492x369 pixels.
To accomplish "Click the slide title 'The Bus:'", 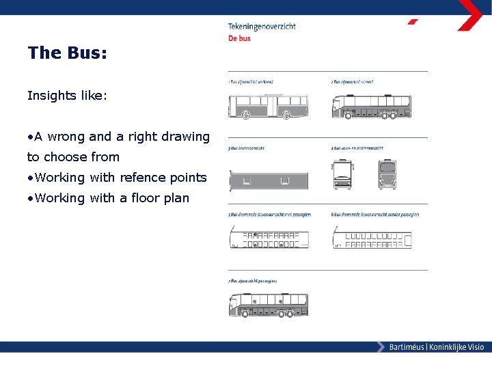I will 67,53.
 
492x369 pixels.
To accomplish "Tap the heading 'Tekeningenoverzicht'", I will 262,27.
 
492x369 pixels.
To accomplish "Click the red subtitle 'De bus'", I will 239,38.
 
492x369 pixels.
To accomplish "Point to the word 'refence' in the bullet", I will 142,178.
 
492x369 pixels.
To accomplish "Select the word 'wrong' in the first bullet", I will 66,137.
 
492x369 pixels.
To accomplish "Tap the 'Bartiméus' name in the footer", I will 406,347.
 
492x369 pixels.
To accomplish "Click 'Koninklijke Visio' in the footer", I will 456,347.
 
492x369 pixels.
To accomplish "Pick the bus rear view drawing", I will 387,174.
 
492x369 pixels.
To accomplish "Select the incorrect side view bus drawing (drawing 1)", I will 268,106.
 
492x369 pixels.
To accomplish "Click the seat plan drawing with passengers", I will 268,239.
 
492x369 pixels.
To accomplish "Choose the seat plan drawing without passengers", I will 372,239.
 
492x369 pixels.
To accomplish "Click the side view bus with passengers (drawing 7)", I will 268,304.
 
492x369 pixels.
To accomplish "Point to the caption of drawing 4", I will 355,148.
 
